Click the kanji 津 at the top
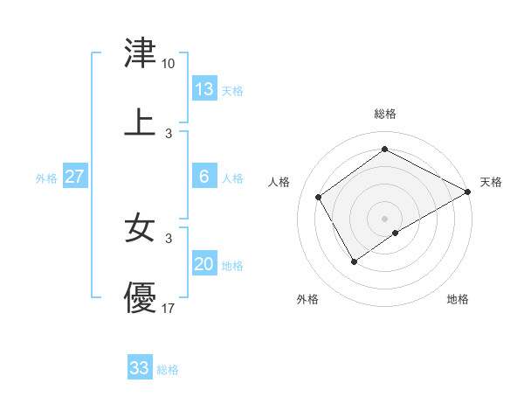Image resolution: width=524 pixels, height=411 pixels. pyautogui.click(x=141, y=53)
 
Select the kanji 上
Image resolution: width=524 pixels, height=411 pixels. pyautogui.click(x=141, y=122)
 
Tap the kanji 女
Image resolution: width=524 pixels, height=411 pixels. pyautogui.click(x=141, y=228)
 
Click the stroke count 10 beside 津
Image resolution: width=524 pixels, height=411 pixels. pyautogui.click(x=169, y=64)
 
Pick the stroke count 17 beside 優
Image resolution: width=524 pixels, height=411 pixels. pyautogui.click(x=169, y=308)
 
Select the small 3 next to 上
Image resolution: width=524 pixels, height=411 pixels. pyautogui.click(x=169, y=133)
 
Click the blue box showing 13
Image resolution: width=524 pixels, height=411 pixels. pyautogui.click(x=204, y=89)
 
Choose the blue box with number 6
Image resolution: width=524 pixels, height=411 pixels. pyautogui.click(x=204, y=177)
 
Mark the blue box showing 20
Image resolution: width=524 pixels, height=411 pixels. pyautogui.click(x=204, y=264)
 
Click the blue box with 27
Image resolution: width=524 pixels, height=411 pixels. pyautogui.click(x=74, y=177)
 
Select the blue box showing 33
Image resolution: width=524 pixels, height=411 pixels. pyautogui.click(x=140, y=368)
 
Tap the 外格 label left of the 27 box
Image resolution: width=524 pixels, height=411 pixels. pyautogui.click(x=46, y=178)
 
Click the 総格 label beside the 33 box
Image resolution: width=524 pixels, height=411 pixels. pyautogui.click(x=168, y=370)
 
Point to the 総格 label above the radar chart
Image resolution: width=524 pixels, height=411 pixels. pyautogui.click(x=385, y=114)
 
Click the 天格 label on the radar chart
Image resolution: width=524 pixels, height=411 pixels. pyautogui.click(x=492, y=182)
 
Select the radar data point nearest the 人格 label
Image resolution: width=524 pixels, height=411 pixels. pyautogui.click(x=319, y=197)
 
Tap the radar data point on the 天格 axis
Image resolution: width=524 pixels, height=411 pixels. pyautogui.click(x=468, y=192)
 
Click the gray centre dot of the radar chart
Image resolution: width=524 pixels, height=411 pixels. pyautogui.click(x=385, y=218)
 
